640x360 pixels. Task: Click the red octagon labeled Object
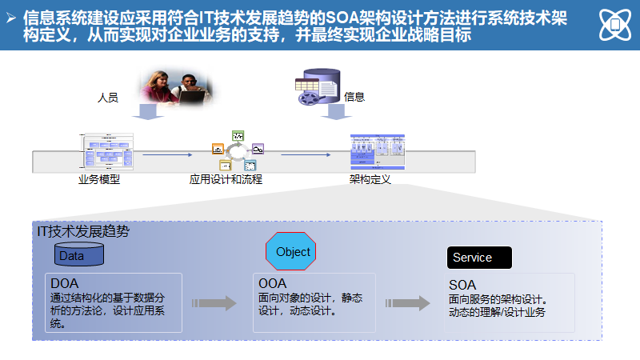[x=291, y=252]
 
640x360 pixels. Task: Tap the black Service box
[x=478, y=258]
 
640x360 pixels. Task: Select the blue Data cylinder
[x=78, y=255]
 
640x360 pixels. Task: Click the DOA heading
[x=65, y=283]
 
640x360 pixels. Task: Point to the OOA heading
[x=273, y=283]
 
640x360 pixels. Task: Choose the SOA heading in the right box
[x=462, y=285]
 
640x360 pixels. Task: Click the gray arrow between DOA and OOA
[x=214, y=303]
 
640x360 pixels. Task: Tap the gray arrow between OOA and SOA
[x=407, y=303]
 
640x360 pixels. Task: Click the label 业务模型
[x=99, y=179]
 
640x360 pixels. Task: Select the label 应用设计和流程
[x=226, y=179]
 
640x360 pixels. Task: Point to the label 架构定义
[x=370, y=179]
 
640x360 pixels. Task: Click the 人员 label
[x=108, y=98]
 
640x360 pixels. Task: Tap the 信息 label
[x=354, y=97]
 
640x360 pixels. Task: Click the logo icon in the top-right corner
[x=614, y=26]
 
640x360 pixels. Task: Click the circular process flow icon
[x=238, y=150]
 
